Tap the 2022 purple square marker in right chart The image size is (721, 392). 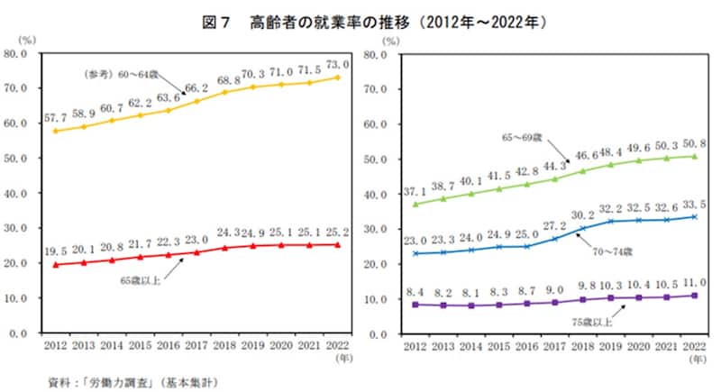pyautogui.click(x=694, y=296)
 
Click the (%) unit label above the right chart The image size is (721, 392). pyautogui.click(x=390, y=41)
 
